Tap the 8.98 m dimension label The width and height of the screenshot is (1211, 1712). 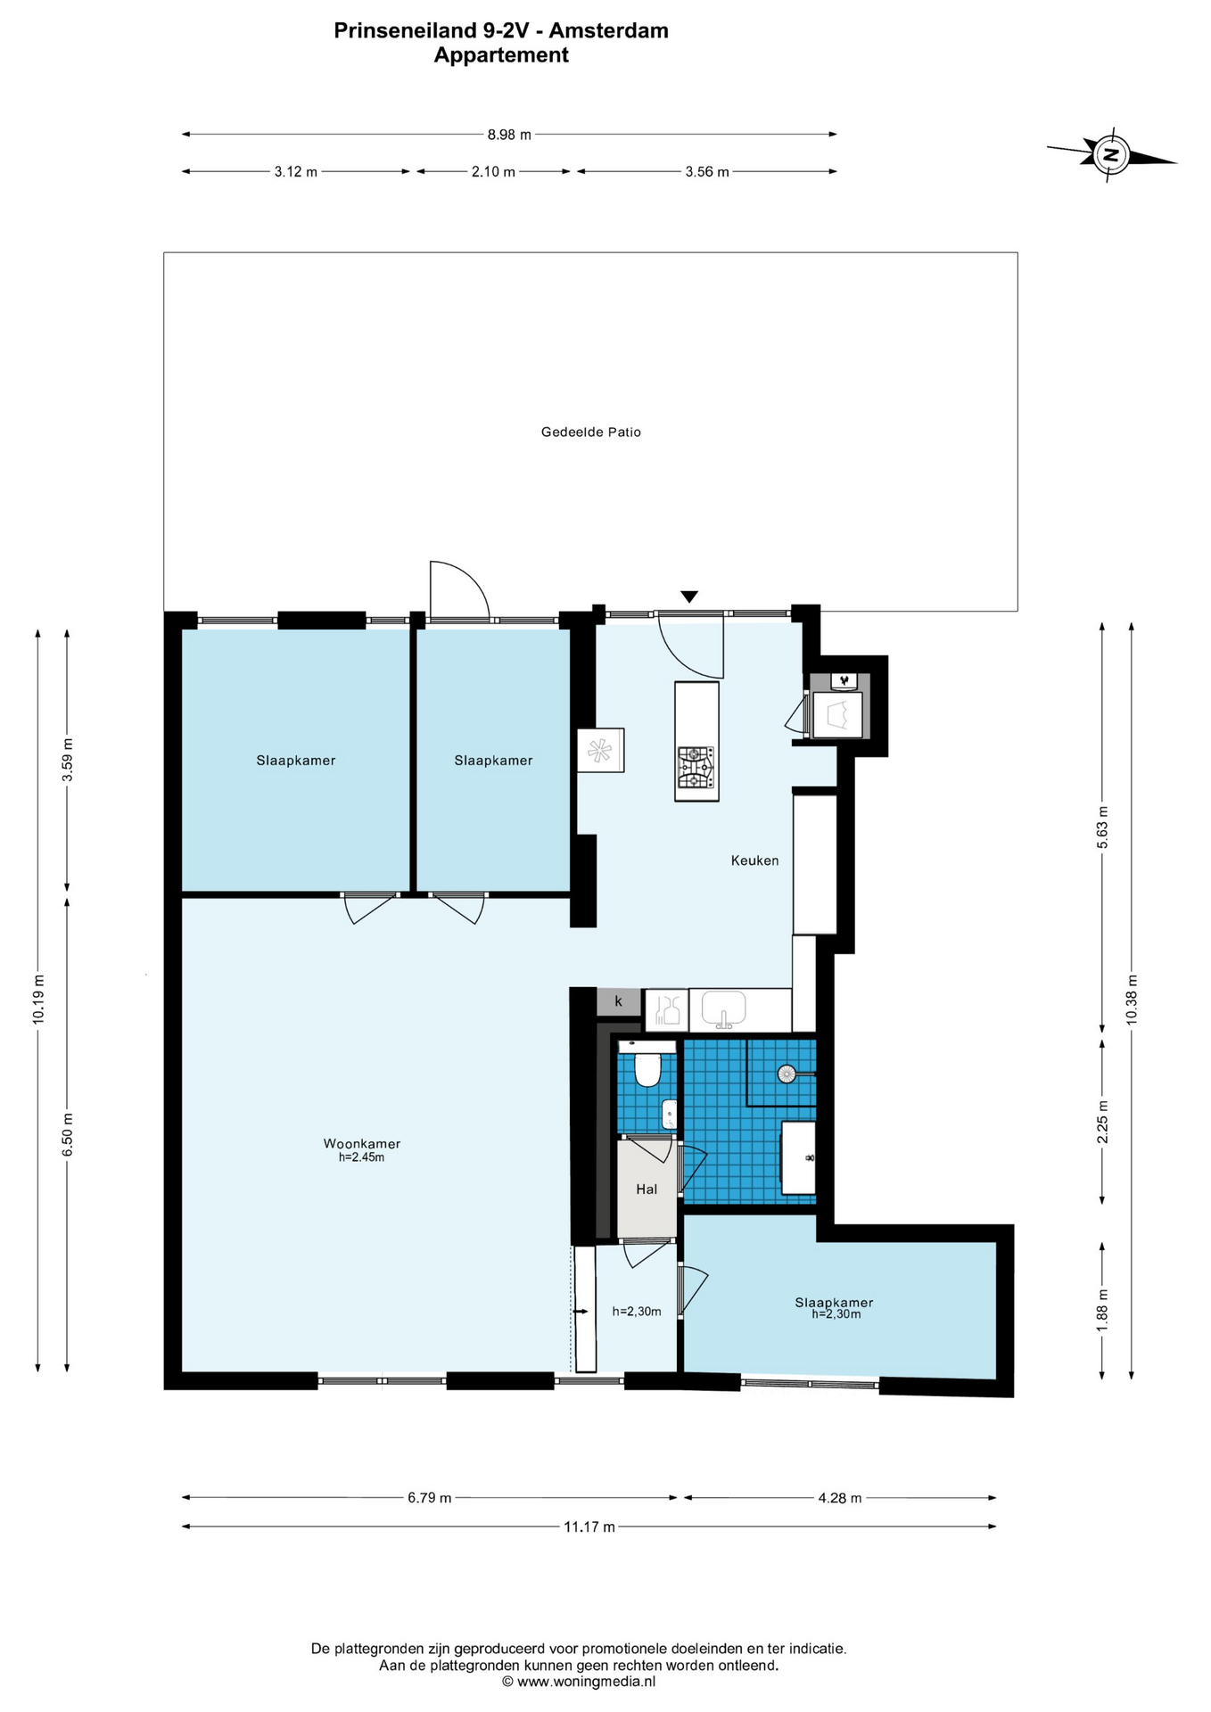(509, 135)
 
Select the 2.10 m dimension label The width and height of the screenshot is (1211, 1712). (493, 172)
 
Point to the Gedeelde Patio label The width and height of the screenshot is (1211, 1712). (591, 432)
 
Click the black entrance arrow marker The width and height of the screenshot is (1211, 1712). (688, 597)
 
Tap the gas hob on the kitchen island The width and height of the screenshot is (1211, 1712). (696, 768)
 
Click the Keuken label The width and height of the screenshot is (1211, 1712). (754, 860)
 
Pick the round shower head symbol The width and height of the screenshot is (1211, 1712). (787, 1074)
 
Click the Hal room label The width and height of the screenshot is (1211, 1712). (647, 1189)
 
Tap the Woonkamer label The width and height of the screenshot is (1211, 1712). (361, 1143)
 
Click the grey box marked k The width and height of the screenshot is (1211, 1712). (618, 1001)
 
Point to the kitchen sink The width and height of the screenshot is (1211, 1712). (723, 1008)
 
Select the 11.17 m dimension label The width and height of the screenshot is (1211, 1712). (589, 1527)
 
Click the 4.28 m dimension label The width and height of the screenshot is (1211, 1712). (840, 1498)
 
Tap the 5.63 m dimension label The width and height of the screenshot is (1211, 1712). (1103, 827)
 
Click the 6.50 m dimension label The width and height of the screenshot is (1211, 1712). (67, 1134)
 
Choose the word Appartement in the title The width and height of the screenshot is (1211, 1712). (501, 55)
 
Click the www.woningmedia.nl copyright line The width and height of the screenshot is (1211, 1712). (578, 1682)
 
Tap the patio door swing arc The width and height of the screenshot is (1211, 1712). (472, 579)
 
